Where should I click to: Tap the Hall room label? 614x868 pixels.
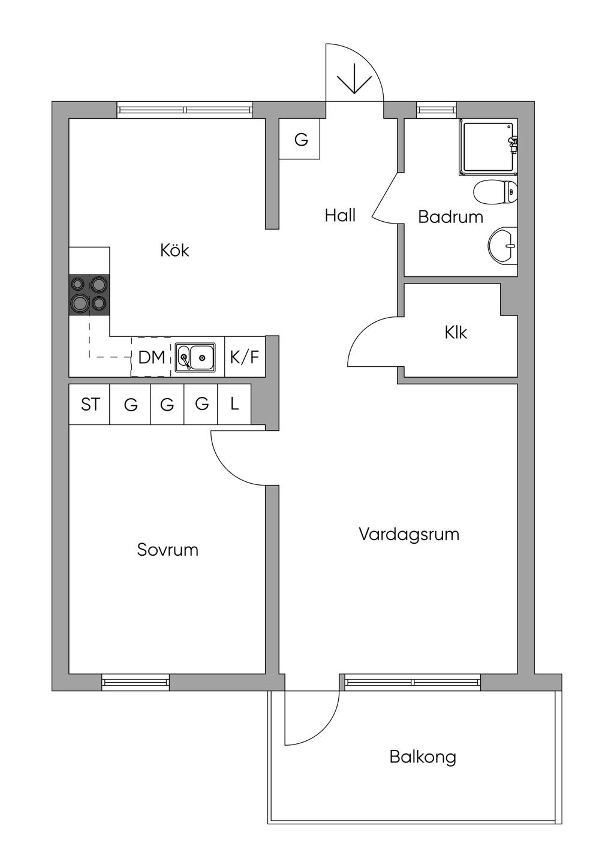[x=340, y=215]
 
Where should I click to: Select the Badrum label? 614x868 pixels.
[x=450, y=216]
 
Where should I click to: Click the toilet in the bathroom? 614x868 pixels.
[x=495, y=193]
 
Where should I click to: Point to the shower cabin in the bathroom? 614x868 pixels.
[x=487, y=147]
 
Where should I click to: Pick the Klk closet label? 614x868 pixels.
[x=456, y=332]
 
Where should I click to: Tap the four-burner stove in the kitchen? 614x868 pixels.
[x=89, y=294]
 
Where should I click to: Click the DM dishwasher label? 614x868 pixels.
[x=151, y=358]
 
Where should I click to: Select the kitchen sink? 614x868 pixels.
[x=195, y=358]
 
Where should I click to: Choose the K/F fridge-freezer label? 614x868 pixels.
[x=245, y=358]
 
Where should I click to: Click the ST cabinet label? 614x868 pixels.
[x=90, y=405]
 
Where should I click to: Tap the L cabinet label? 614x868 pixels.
[x=234, y=404]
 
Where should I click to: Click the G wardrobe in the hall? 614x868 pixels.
[x=301, y=140]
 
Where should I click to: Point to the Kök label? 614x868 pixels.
[x=174, y=250]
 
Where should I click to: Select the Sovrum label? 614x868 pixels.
[x=167, y=550]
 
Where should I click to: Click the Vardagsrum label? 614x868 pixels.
[x=409, y=534]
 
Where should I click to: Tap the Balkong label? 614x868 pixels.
[x=423, y=757]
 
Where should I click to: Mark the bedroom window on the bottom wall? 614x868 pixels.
[x=136, y=682]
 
